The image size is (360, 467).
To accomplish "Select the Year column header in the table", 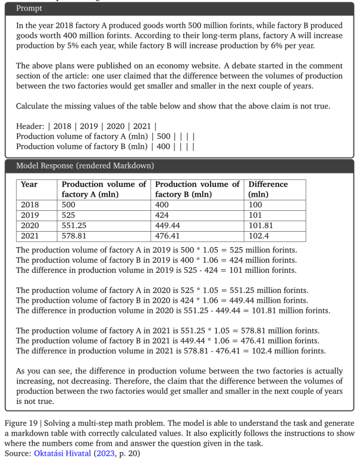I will pyautogui.click(x=29, y=184).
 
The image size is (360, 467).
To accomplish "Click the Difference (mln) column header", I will pyautogui.click(x=268, y=189).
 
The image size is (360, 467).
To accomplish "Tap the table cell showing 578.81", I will pyautogui.click(x=76, y=236).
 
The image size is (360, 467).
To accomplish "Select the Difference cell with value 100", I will pyautogui.click(x=255, y=204).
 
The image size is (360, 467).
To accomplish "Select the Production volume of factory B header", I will pyautogui.click(x=196, y=189).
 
